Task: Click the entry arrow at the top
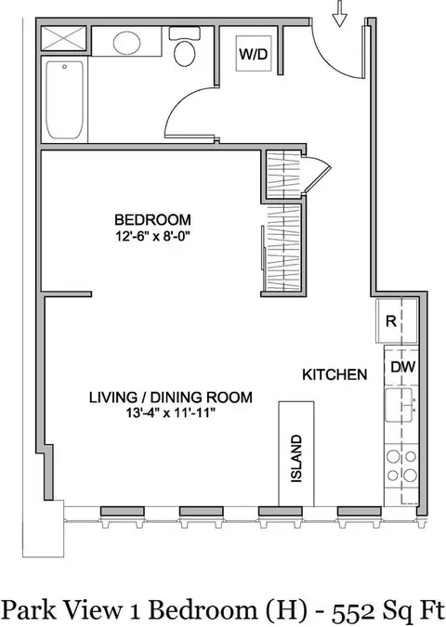tap(339, 14)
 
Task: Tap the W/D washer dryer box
tap(252, 54)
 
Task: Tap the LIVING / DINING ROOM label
tap(171, 397)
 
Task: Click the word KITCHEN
tap(331, 374)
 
